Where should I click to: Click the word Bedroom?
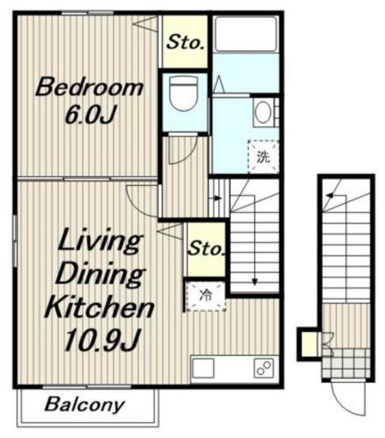pyautogui.click(x=89, y=88)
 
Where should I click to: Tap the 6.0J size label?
pyautogui.click(x=90, y=114)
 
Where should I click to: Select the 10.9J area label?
pyautogui.click(x=101, y=339)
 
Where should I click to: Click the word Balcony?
pyautogui.click(x=84, y=404)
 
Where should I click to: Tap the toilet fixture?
pyautogui.click(x=184, y=93)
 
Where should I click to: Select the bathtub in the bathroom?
pyautogui.click(x=245, y=34)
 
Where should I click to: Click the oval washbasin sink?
pyautogui.click(x=263, y=112)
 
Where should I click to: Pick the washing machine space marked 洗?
pyautogui.click(x=263, y=157)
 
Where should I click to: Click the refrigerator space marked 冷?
pyautogui.click(x=206, y=296)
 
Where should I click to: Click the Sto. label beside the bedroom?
pyautogui.click(x=185, y=42)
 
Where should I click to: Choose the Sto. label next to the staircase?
pyautogui.click(x=206, y=248)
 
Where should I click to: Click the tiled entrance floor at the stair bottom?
pyautogui.click(x=346, y=363)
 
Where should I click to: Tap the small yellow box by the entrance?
pyautogui.click(x=310, y=344)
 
